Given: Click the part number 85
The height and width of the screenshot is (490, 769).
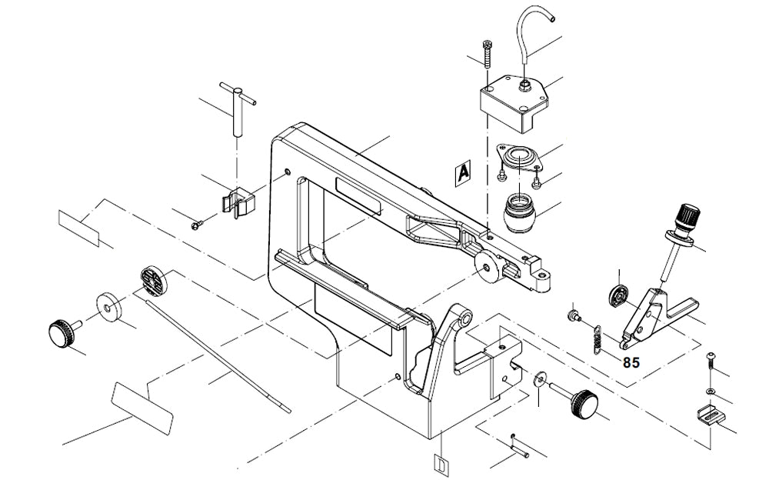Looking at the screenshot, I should click(631, 362).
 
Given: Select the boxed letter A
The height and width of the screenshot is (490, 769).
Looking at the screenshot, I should click(462, 173).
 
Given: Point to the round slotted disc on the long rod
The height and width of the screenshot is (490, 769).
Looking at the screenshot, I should click(154, 281).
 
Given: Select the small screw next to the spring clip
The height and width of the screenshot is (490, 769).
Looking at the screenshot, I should click(196, 225).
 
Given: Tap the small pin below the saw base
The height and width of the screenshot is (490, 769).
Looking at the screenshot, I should click(520, 445).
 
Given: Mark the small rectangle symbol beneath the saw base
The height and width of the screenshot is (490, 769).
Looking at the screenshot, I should click(441, 465).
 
